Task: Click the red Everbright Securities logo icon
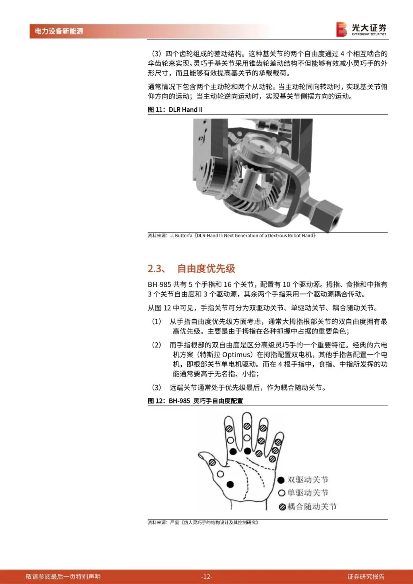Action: [x=341, y=29]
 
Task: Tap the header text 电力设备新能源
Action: [x=59, y=31]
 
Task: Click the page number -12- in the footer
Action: [x=206, y=576]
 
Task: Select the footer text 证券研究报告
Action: [x=366, y=576]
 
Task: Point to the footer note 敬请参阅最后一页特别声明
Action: [x=63, y=576]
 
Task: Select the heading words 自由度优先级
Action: [x=206, y=268]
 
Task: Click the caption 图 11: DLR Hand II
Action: [x=175, y=109]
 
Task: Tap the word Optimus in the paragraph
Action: [x=236, y=355]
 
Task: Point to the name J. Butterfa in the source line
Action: [x=181, y=236]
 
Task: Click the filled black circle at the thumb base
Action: [x=230, y=484]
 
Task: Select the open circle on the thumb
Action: [x=220, y=474]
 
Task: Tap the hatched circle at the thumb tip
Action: [x=212, y=462]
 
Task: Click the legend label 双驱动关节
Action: [x=308, y=480]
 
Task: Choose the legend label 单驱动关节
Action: [x=308, y=493]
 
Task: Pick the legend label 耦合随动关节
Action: [x=312, y=506]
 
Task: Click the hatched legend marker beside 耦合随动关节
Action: [x=282, y=507]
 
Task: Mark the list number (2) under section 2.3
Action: [x=156, y=345]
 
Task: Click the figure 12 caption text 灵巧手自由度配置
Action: [x=218, y=401]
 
